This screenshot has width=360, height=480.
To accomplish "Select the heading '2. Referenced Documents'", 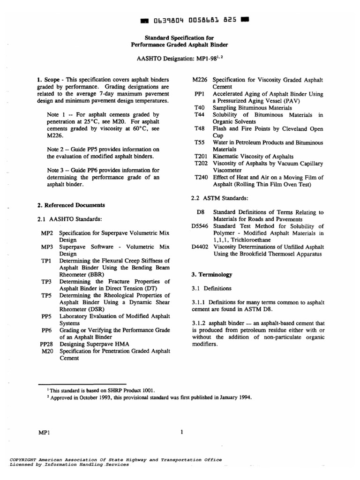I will [71, 205].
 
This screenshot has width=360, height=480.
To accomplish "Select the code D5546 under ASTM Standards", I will [201, 226].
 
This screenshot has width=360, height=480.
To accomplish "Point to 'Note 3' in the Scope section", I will [58, 170].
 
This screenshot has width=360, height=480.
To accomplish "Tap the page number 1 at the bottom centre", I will [181, 433].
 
